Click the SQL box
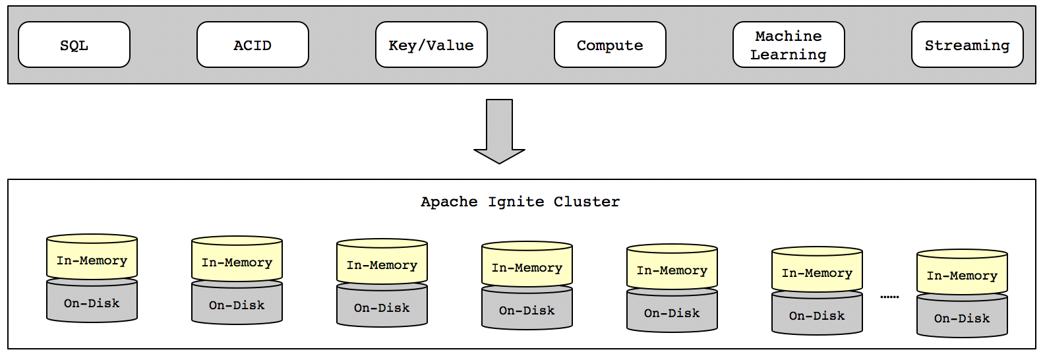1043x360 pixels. pyautogui.click(x=74, y=45)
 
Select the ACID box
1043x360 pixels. pyautogui.click(x=253, y=45)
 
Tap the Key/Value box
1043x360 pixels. pyautogui.click(x=431, y=45)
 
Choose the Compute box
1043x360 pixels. pyautogui.click(x=610, y=45)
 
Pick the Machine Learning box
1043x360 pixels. pyautogui.click(x=789, y=45)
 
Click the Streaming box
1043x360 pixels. pyautogui.click(x=967, y=45)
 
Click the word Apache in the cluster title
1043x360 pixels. pyautogui.click(x=449, y=202)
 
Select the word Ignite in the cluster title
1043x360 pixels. pyautogui.click(x=516, y=202)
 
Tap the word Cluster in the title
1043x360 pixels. pyautogui.click(x=587, y=202)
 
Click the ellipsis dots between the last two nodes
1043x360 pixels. pyautogui.click(x=889, y=297)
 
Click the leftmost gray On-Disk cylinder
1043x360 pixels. pyautogui.click(x=92, y=304)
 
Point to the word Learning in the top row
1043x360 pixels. pyautogui.click(x=789, y=55)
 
